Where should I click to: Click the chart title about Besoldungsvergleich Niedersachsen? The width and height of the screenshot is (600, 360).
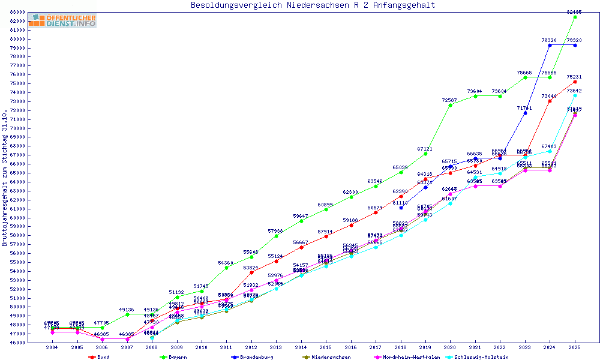(313, 5)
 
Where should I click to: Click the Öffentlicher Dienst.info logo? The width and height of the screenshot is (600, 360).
(62, 21)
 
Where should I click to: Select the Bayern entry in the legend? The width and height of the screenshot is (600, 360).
(173, 357)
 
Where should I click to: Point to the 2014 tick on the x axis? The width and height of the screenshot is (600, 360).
(301, 347)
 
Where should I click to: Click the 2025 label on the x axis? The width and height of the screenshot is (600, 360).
(575, 347)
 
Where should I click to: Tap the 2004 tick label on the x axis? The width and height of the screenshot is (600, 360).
(52, 347)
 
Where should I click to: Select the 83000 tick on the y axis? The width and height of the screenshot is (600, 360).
(16, 12)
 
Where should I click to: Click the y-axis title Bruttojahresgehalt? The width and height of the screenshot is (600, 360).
(5, 178)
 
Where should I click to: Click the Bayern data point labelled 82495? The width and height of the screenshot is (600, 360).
(575, 17)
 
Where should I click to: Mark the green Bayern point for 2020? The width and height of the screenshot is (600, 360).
(450, 105)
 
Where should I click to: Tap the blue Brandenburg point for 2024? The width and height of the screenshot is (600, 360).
(550, 45)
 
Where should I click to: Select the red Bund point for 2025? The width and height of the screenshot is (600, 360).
(575, 82)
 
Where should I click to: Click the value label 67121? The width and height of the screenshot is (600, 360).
(425, 148)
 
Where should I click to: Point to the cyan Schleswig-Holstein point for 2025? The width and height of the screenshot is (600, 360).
(575, 95)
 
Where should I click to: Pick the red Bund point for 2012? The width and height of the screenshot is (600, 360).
(251, 272)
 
